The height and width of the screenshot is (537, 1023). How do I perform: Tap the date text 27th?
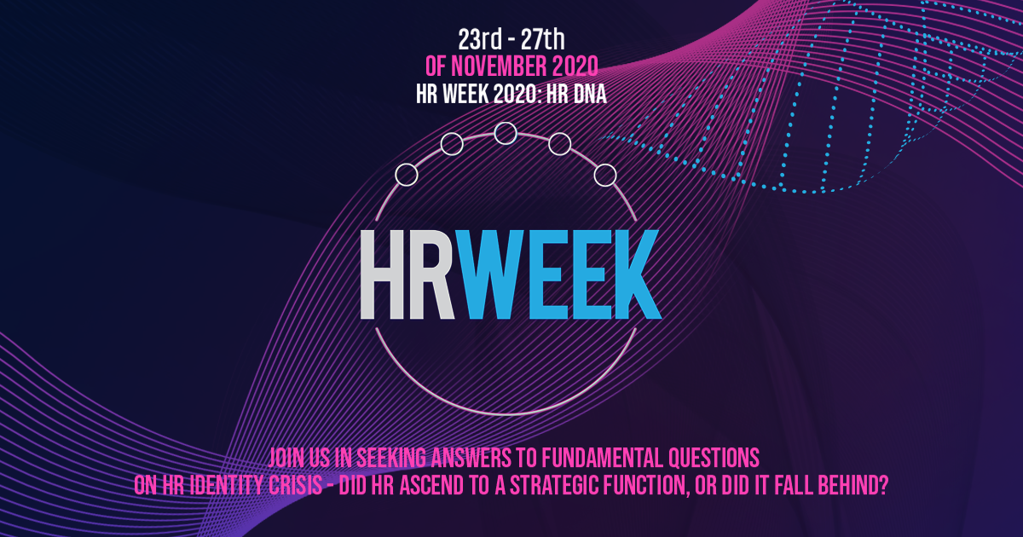click(x=545, y=38)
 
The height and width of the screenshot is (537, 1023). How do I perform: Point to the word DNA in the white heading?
click(x=588, y=93)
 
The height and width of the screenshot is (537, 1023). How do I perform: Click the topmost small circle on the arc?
click(x=506, y=133)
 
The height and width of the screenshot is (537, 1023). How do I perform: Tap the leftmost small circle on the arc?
click(x=407, y=175)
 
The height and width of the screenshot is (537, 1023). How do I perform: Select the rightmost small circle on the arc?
click(x=604, y=175)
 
